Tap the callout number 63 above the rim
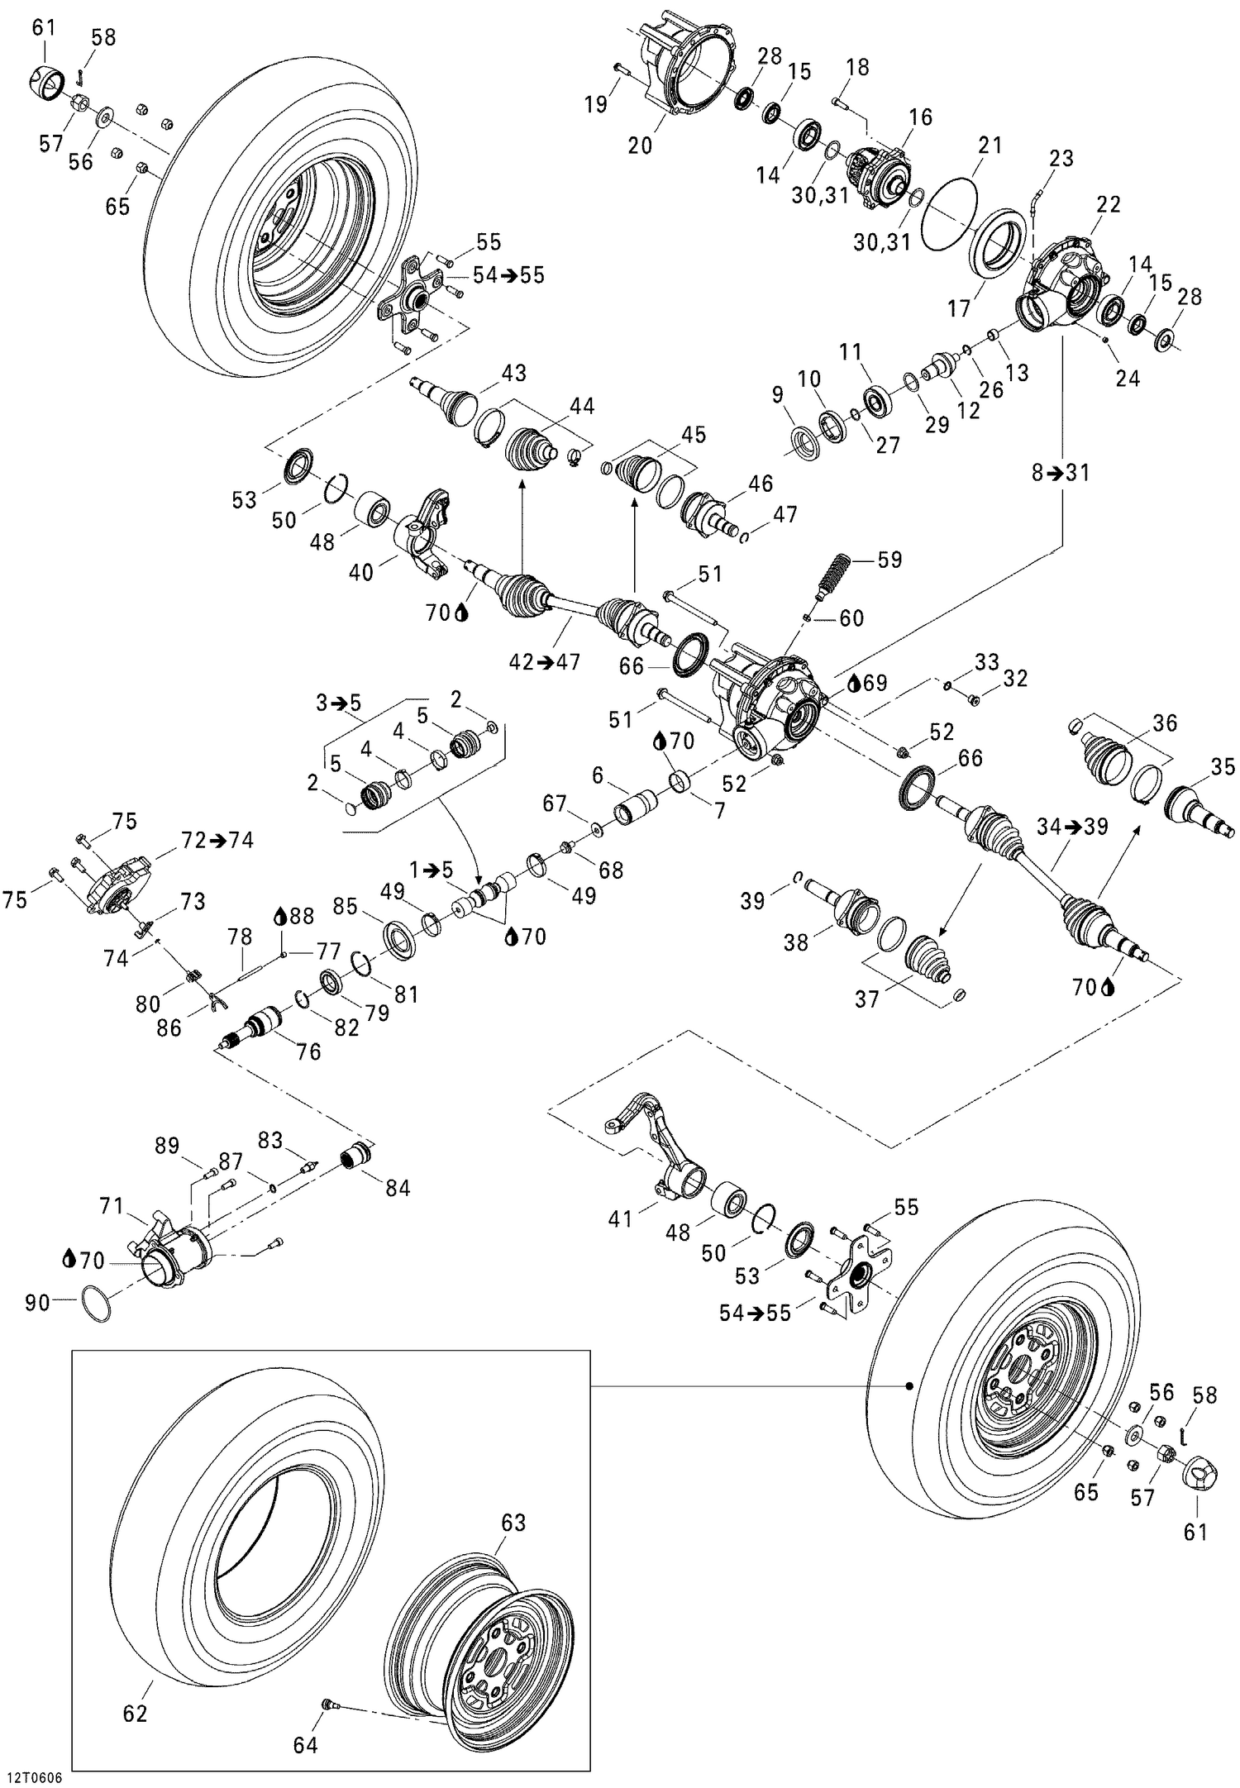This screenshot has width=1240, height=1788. click(x=513, y=1522)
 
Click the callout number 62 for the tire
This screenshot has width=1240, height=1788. click(x=135, y=1713)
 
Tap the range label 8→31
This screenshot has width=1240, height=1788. click(x=1061, y=474)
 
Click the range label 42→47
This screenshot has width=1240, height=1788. click(x=544, y=661)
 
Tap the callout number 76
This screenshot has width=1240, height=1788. click(x=308, y=1051)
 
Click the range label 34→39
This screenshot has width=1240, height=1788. click(x=1072, y=826)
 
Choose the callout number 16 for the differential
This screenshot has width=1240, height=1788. click(x=920, y=117)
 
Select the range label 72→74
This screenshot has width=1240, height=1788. click(x=217, y=840)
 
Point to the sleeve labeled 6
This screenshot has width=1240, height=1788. click(x=635, y=803)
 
